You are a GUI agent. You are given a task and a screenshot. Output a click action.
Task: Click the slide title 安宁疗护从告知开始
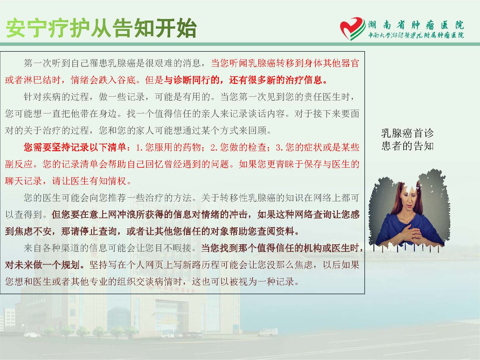[x=101, y=28]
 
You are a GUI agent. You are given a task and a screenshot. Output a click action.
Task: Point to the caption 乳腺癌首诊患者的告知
[x=407, y=139]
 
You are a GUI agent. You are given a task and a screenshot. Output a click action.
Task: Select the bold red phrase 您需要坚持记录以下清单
[x=75, y=147]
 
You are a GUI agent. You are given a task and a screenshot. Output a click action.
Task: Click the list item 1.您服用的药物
[x=168, y=147]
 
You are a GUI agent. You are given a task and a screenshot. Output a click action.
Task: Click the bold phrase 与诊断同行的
[x=192, y=80]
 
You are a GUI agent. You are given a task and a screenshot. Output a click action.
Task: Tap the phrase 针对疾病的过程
[x=56, y=97]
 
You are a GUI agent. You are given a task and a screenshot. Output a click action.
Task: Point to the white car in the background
[x=32, y=335]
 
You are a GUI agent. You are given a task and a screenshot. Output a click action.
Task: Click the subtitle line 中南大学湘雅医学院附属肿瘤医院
[x=416, y=35]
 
